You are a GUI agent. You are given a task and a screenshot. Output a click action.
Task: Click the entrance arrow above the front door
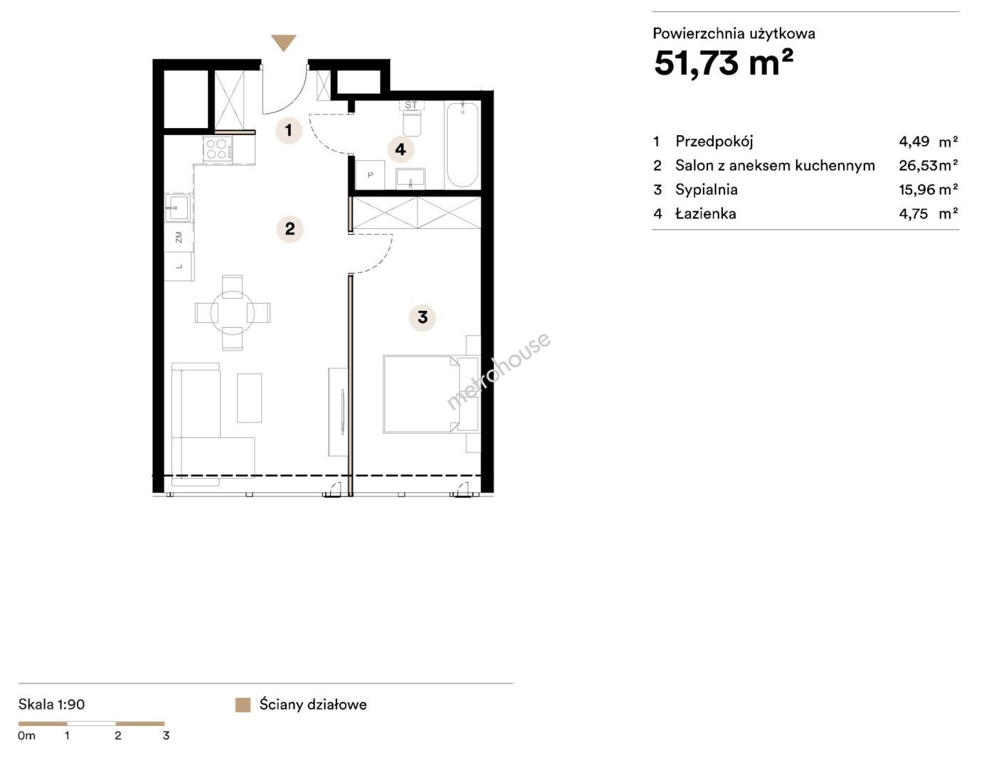point(283,43)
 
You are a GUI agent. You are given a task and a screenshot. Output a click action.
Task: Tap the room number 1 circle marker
point(289,130)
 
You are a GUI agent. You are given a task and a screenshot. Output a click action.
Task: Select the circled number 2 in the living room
point(290,228)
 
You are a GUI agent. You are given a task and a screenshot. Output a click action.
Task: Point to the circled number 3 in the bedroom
point(422,317)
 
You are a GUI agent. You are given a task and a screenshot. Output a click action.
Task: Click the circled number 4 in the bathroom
point(401,149)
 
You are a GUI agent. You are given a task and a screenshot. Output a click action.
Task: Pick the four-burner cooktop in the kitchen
point(217,149)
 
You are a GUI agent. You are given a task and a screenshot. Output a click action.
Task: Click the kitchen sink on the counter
point(177,207)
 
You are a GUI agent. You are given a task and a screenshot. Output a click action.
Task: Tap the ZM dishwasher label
point(179,237)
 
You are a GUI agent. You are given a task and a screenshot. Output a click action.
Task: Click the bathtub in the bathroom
point(462,144)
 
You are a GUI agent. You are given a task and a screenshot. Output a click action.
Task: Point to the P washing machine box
point(370,175)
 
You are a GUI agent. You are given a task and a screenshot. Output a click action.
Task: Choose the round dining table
point(233,313)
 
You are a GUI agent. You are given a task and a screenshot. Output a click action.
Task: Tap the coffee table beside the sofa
point(249,398)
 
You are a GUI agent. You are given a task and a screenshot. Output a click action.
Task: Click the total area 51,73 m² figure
point(723,63)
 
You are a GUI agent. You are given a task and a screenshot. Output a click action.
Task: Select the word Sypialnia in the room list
point(707,190)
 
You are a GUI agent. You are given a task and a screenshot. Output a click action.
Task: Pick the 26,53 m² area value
point(928,165)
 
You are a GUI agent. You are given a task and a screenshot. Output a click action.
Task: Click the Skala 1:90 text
point(51,704)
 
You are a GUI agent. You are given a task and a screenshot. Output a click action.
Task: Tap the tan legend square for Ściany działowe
point(243,705)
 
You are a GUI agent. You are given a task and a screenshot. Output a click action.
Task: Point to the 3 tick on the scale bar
point(166,735)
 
